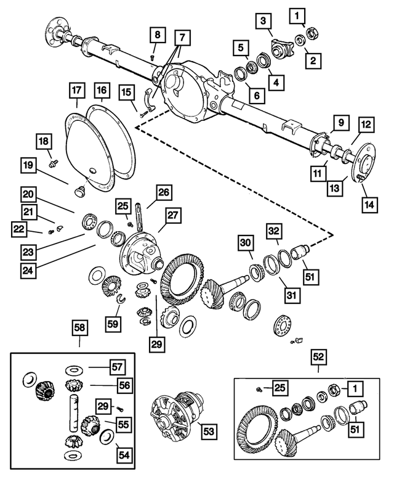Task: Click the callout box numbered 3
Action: pyautogui.click(x=264, y=22)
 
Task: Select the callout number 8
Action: pyautogui.click(x=157, y=35)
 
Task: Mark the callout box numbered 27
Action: pyautogui.click(x=171, y=215)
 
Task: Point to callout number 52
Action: pyautogui.click(x=318, y=356)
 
